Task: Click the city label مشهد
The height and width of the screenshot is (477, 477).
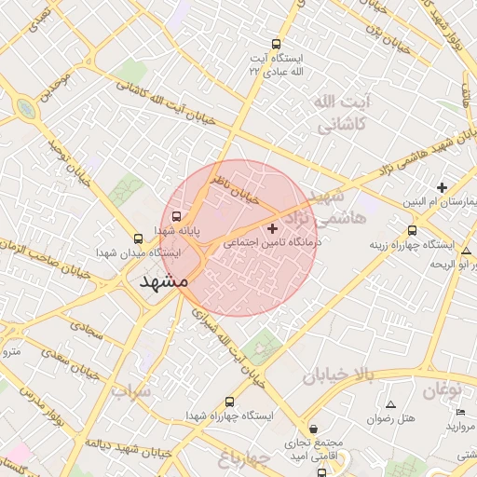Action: coord(163,279)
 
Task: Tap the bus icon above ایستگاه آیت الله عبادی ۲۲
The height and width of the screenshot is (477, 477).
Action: coord(276,43)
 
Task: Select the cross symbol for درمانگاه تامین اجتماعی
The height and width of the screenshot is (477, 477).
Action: coord(272,227)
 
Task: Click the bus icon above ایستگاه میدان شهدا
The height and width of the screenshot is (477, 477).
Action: coord(139,238)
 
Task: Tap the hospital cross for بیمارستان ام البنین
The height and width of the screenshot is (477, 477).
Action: coord(442,187)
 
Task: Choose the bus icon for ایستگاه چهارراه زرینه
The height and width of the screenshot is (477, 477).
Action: coord(412,230)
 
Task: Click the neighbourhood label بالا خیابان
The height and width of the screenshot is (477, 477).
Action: coord(336,375)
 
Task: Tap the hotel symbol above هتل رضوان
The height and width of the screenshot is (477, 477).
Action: coord(390,404)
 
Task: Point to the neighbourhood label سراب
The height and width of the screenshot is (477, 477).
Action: coord(131,391)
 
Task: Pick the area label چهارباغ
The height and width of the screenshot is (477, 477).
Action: coord(244,458)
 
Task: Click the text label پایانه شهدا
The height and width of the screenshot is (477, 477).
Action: coord(167,230)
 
